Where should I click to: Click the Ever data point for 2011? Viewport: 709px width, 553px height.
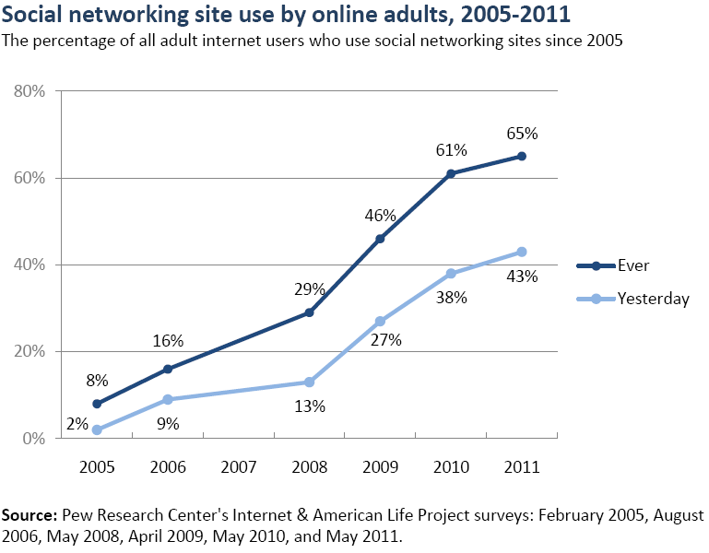pyautogui.click(x=522, y=156)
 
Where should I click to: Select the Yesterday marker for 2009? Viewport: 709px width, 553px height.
pyautogui.click(x=380, y=321)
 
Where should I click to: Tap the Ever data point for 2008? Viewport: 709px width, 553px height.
pyautogui.click(x=309, y=312)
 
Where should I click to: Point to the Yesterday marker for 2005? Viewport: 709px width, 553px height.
pyautogui.click(x=97, y=429)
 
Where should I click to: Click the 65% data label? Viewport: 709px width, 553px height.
pyautogui.click(x=522, y=133)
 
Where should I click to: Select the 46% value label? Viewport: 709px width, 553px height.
pyautogui.click(x=380, y=216)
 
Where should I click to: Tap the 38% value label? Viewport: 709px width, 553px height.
pyautogui.click(x=452, y=298)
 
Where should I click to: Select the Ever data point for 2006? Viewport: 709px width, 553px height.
pyautogui.click(x=168, y=369)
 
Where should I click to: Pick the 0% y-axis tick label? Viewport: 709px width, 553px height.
pyautogui.click(x=34, y=439)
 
